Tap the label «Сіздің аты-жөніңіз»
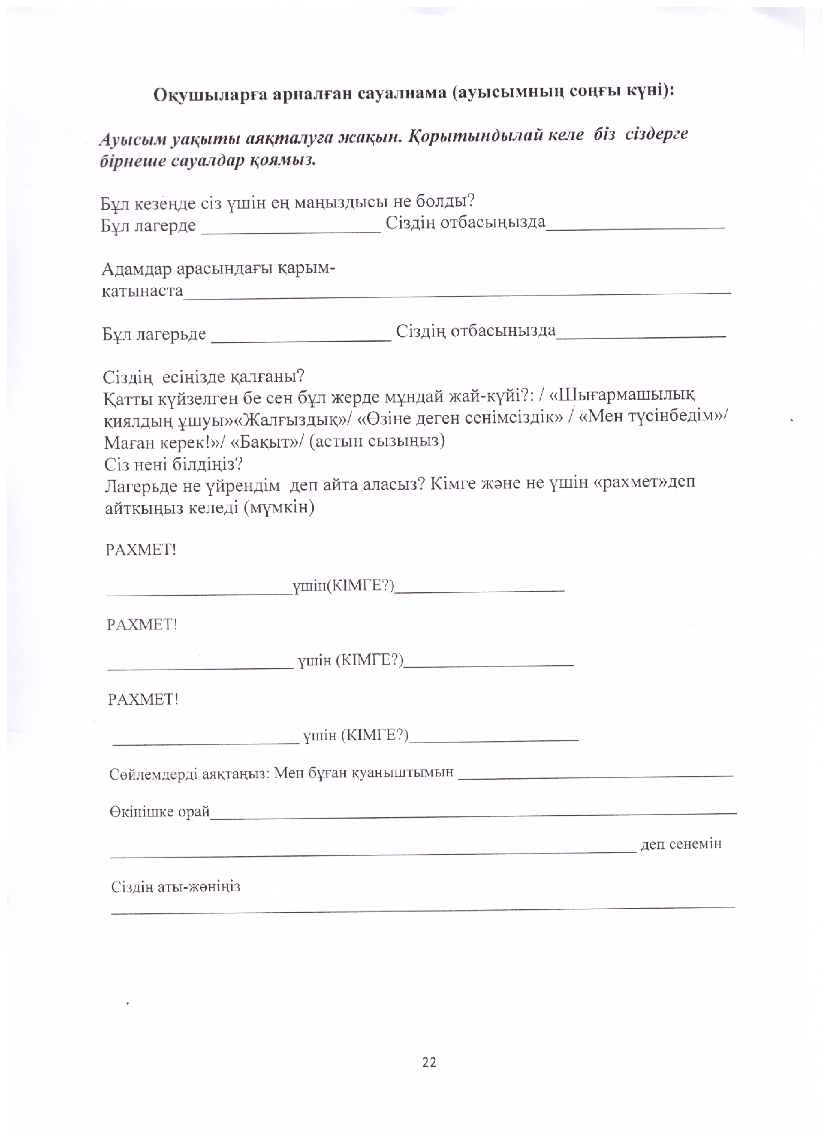coord(176,886)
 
